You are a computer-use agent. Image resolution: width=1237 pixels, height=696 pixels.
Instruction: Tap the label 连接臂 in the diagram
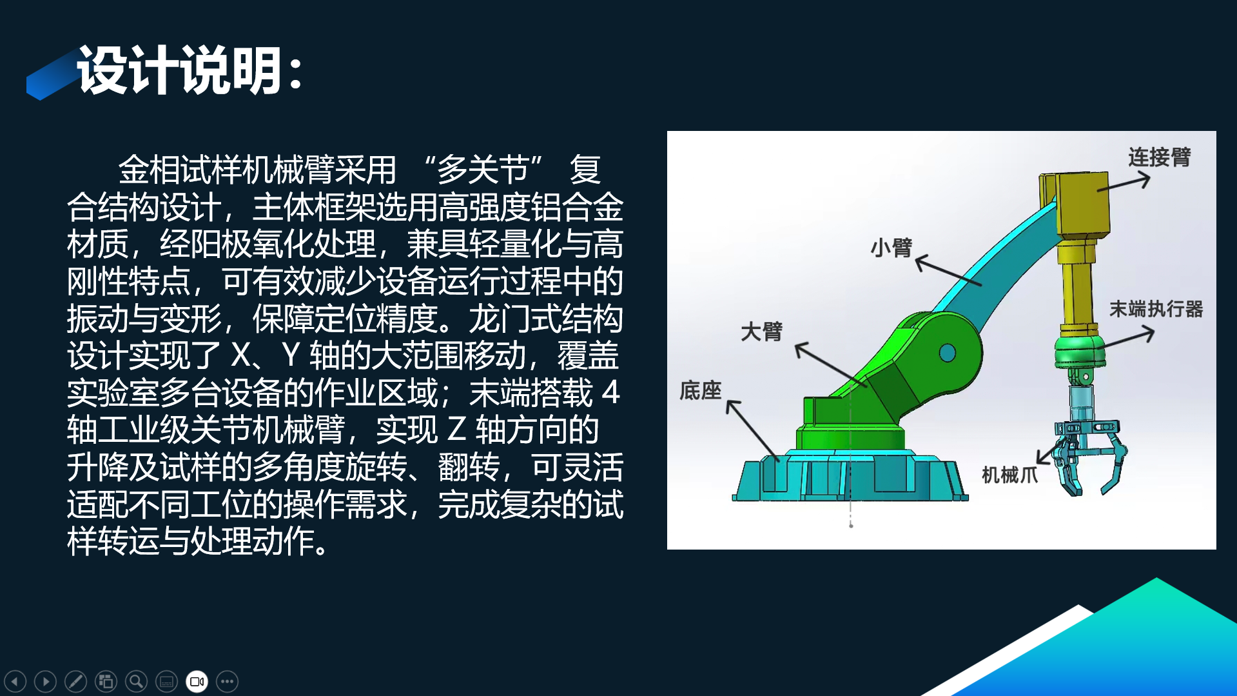[1159, 157]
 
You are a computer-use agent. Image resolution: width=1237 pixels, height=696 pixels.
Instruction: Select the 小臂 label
[891, 248]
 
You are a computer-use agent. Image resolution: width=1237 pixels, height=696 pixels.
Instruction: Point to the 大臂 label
[761, 332]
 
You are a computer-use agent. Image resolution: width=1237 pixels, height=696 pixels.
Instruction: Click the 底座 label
[701, 390]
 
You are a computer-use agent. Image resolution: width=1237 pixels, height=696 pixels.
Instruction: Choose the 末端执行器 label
[1156, 309]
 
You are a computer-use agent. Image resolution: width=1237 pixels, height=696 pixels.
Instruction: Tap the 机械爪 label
[1009, 475]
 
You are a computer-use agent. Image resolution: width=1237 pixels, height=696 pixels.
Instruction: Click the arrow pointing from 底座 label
[752, 430]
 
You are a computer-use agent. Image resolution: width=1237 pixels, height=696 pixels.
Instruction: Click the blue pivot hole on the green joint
[948, 353]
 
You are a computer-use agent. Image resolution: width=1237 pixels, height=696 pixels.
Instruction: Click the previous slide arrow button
[15, 681]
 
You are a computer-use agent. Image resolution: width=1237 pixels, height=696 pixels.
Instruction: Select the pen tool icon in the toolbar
[75, 681]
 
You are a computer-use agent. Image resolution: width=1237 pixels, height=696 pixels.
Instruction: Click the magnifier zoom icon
[136, 681]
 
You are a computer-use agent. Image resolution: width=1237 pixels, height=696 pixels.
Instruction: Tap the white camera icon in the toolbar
[197, 681]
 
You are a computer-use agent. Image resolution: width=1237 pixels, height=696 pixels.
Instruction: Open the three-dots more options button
[227, 681]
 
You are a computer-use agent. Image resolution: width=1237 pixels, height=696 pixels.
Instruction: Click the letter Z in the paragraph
[456, 430]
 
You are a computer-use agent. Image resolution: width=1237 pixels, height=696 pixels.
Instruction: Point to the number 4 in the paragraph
[610, 392]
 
